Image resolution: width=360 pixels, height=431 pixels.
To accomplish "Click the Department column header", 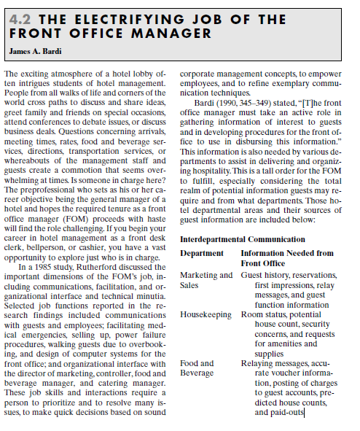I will (201, 253).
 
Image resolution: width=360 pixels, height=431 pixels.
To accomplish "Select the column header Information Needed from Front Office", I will (286, 257).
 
